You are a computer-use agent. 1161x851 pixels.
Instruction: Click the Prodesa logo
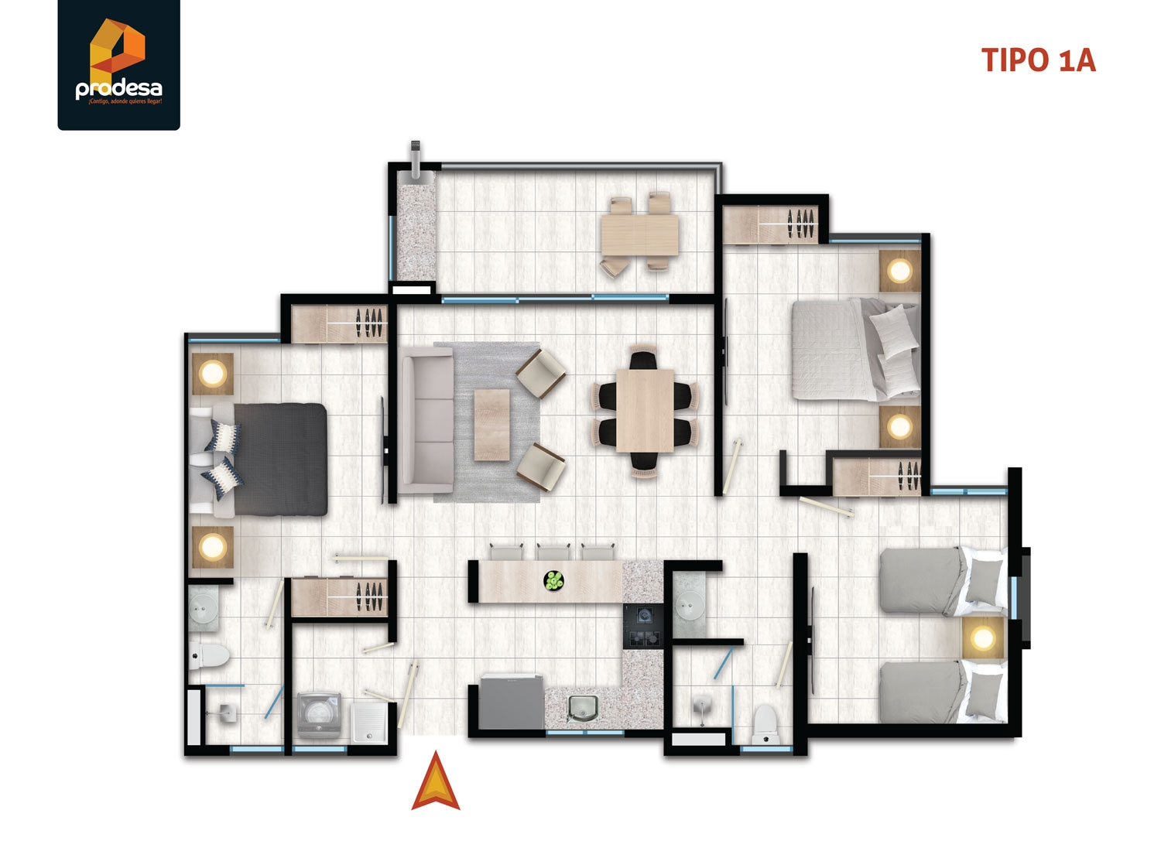pos(118,64)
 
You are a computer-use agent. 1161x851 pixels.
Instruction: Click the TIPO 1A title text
pos(1038,60)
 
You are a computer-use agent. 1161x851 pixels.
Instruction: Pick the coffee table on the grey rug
pos(491,425)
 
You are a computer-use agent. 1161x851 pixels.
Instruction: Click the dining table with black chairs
pos(645,410)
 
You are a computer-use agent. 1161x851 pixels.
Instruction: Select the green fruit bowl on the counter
pos(553,581)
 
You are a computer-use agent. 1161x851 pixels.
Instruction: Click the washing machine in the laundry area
pos(320,715)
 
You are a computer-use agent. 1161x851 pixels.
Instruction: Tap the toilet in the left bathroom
pos(209,657)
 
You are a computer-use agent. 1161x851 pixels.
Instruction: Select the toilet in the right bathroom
pos(764,721)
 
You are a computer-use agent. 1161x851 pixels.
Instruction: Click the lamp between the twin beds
pos(983,638)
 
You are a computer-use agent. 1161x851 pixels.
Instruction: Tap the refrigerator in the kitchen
pos(505,702)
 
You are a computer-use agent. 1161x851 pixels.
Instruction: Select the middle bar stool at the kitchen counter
pos(553,551)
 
